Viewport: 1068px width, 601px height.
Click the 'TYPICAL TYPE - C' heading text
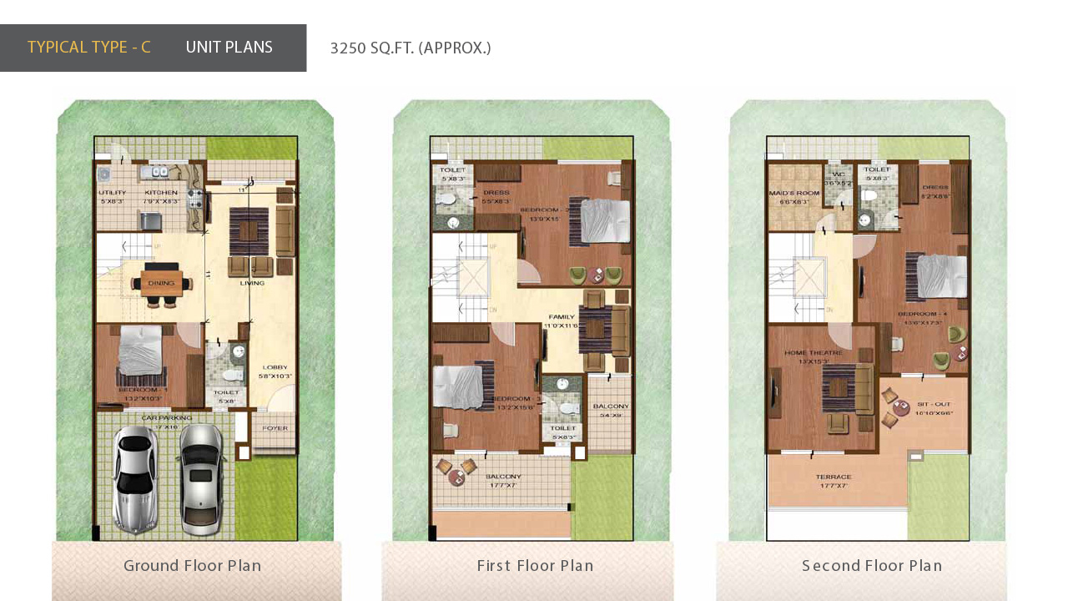pos(89,48)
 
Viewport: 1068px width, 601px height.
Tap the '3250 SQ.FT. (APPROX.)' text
pos(411,48)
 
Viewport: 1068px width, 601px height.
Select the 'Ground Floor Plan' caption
pos(193,566)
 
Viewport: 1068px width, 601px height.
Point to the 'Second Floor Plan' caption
pos(872,566)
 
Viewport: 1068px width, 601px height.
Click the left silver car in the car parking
pos(135,478)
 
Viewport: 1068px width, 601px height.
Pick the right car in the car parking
pos(201,477)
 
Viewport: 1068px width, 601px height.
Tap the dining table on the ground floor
pos(162,281)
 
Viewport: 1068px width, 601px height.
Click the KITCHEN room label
pos(161,193)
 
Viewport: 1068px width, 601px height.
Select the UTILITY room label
pos(112,193)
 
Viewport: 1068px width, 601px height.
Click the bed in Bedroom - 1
pos(139,351)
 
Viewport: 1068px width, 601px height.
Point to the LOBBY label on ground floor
pos(275,367)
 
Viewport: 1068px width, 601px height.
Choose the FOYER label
pos(275,428)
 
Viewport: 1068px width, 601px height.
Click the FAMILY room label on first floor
pos(562,317)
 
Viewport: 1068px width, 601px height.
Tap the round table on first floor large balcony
pos(456,477)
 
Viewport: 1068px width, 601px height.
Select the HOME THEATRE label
pos(813,353)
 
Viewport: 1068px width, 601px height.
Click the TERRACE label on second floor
pos(834,477)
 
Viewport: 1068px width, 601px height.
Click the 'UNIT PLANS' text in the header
pos(229,48)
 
